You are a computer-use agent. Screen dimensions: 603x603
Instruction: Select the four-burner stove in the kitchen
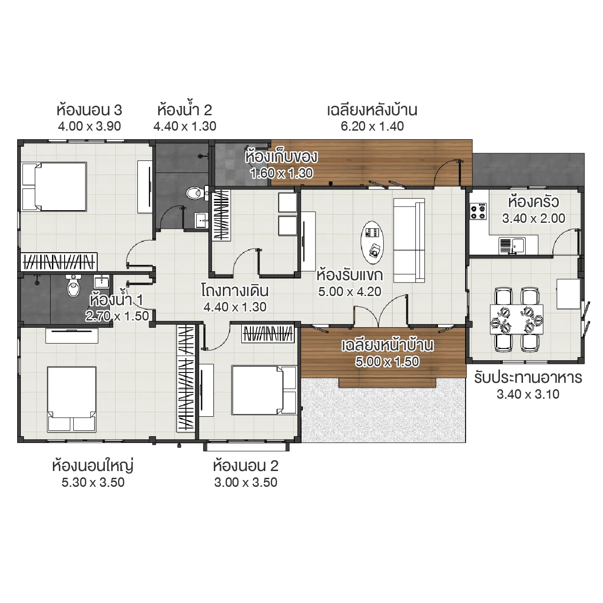pyautogui.click(x=478, y=212)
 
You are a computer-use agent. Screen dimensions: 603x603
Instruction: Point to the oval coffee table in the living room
pyautogui.click(x=372, y=243)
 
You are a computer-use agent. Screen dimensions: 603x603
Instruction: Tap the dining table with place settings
pyautogui.click(x=517, y=319)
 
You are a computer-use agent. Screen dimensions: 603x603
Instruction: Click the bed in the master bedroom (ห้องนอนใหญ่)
pyautogui.click(x=71, y=398)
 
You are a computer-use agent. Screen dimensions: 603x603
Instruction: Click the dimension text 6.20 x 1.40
pyautogui.click(x=372, y=127)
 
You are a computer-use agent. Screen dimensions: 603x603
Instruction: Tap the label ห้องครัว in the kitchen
pyautogui.click(x=533, y=202)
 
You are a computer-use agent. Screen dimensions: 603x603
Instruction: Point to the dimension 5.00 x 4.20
pyautogui.click(x=349, y=292)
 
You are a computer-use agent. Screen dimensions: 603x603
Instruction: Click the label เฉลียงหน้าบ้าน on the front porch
pyautogui.click(x=387, y=345)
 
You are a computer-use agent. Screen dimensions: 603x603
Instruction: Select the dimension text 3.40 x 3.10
pyautogui.click(x=528, y=395)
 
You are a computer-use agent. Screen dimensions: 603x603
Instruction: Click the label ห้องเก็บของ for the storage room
pyautogui.click(x=281, y=157)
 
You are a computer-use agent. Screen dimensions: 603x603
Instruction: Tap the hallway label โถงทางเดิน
pyautogui.click(x=235, y=291)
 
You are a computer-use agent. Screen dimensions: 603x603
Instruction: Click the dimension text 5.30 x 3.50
pyautogui.click(x=93, y=482)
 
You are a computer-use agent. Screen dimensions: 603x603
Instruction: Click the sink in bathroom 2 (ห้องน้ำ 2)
pyautogui.click(x=201, y=221)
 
